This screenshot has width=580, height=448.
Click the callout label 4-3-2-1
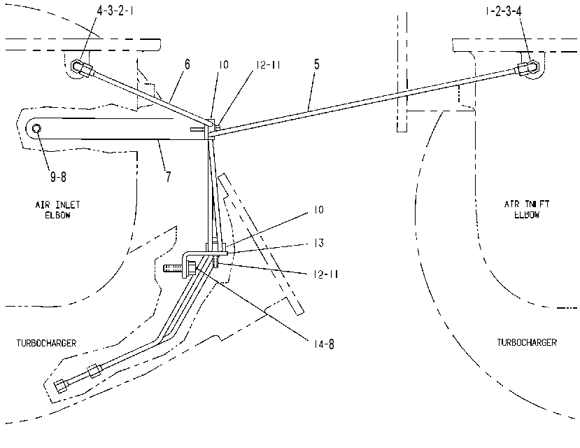pyautogui.click(x=115, y=10)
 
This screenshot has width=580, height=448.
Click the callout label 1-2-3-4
pyautogui.click(x=504, y=11)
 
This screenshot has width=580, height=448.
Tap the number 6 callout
pyautogui.click(x=188, y=64)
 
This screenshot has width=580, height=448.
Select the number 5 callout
pyautogui.click(x=316, y=64)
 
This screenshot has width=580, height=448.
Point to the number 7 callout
pyautogui.click(x=169, y=177)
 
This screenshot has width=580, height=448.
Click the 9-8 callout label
pyautogui.click(x=58, y=177)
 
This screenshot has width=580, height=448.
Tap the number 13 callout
pyautogui.click(x=319, y=243)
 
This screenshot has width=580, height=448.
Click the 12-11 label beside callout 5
pyautogui.click(x=268, y=64)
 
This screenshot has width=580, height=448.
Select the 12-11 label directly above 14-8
pyautogui.click(x=326, y=274)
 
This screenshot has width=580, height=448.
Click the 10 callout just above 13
pyautogui.click(x=318, y=210)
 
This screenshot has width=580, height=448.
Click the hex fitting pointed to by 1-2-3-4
pyautogui.click(x=528, y=68)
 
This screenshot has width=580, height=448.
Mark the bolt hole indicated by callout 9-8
pyautogui.click(x=36, y=128)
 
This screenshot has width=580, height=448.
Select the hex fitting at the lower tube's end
pyautogui.click(x=61, y=386)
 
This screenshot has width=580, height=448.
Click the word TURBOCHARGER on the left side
pyautogui.click(x=46, y=343)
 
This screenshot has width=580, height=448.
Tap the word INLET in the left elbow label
pyautogui.click(x=68, y=204)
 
